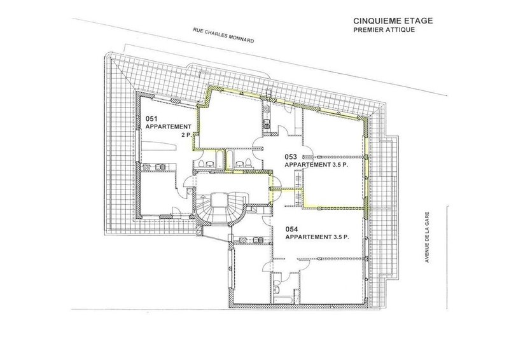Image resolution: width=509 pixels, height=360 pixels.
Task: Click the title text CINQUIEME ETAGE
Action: click(x=393, y=21)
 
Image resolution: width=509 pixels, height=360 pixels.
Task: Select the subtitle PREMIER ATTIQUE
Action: click(x=384, y=29)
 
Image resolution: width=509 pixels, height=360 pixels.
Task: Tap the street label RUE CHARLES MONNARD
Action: click(x=223, y=35)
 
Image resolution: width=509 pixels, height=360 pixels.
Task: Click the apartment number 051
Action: click(x=151, y=119)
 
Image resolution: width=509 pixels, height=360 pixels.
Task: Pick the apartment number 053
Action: click(x=291, y=157)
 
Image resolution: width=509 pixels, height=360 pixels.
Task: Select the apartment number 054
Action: click(x=291, y=230)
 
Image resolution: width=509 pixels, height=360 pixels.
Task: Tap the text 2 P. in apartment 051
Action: click(x=186, y=135)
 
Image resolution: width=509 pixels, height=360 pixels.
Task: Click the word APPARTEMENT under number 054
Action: click(x=308, y=237)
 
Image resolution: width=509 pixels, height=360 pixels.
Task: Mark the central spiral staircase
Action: click(x=221, y=209)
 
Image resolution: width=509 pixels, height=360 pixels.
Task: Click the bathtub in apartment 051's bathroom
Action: click(x=220, y=159)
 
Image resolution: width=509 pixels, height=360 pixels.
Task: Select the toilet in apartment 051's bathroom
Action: click(x=201, y=163)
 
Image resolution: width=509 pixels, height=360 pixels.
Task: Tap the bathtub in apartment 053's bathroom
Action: click(x=230, y=159)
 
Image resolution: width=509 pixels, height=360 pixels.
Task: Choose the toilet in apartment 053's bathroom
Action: click(x=248, y=163)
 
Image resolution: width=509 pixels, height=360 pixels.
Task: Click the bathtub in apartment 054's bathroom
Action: click(x=283, y=300)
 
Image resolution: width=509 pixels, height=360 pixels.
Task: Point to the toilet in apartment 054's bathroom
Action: click(x=278, y=290)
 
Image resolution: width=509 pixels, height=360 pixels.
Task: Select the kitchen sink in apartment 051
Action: click(x=160, y=167)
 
